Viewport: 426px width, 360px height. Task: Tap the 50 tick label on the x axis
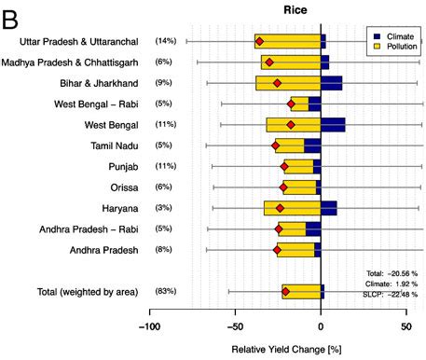click(406, 328)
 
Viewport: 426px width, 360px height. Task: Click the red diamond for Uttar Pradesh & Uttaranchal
click(259, 41)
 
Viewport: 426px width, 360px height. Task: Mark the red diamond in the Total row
click(285, 292)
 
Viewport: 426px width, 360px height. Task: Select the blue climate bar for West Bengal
click(333, 124)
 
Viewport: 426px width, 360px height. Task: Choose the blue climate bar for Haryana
click(328, 208)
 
